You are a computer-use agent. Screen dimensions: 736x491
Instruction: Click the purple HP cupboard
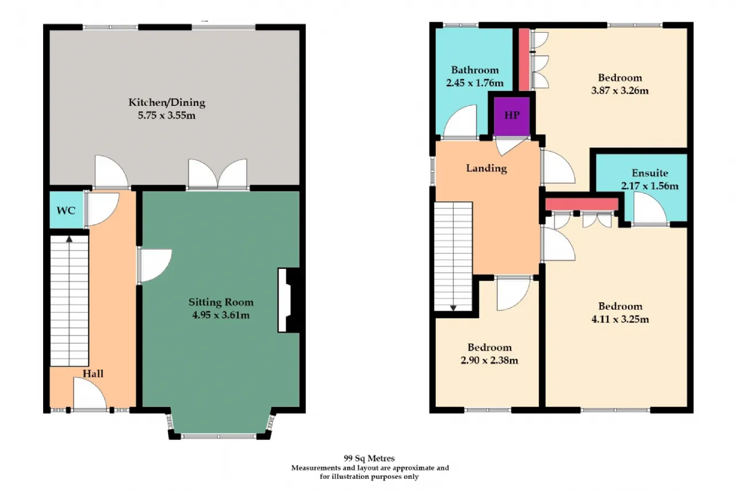click(x=512, y=116)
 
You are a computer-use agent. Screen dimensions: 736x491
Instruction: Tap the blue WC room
click(x=67, y=210)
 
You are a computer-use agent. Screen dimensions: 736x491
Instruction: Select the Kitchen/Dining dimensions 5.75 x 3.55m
click(x=167, y=116)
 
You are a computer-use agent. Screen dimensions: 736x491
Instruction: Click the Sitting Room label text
click(x=221, y=302)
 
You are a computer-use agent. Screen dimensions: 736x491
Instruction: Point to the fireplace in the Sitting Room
click(x=289, y=300)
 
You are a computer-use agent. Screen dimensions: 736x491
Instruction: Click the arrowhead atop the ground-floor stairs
click(x=69, y=239)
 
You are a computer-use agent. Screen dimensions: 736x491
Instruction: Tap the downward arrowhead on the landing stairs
click(x=454, y=308)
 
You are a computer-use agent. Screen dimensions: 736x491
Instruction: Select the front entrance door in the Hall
click(x=90, y=394)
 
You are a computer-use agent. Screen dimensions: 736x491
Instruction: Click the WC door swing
click(x=102, y=210)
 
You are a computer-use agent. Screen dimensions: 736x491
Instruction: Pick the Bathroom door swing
click(x=459, y=121)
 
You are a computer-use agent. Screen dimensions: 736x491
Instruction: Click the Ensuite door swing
click(x=650, y=209)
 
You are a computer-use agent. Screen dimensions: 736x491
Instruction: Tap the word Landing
click(x=486, y=169)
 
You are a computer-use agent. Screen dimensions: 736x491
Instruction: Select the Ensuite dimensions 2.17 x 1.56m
click(x=650, y=186)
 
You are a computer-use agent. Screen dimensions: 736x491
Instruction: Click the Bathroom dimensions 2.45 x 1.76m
click(x=474, y=83)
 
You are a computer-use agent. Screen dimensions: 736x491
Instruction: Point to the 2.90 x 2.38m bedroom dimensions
click(x=489, y=360)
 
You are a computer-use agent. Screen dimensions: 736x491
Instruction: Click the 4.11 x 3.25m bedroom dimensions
click(x=620, y=319)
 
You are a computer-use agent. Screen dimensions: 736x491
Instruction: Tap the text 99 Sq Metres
click(x=369, y=458)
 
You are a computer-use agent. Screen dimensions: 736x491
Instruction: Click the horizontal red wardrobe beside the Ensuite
click(x=582, y=204)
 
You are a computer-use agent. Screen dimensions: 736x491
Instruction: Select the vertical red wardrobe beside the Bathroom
click(x=524, y=59)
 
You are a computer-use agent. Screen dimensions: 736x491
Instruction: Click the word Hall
click(x=93, y=374)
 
